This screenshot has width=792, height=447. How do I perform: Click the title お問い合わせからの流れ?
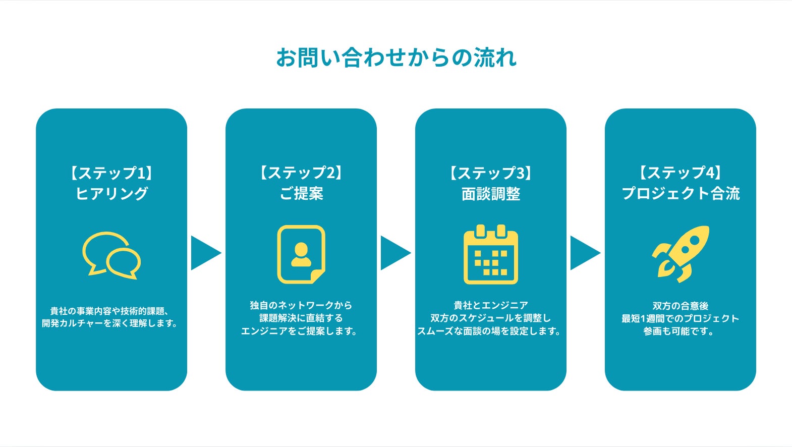tap(396, 58)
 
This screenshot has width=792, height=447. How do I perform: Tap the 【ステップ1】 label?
tap(111, 173)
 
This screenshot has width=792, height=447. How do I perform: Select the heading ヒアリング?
tap(111, 194)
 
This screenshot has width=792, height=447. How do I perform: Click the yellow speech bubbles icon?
tap(111, 255)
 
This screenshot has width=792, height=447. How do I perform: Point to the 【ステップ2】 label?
tap(301, 173)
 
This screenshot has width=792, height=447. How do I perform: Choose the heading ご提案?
tap(301, 194)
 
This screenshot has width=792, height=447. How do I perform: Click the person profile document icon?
tap(301, 254)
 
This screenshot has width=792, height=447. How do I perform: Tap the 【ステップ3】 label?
tap(491, 173)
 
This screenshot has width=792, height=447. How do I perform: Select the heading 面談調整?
tap(491, 194)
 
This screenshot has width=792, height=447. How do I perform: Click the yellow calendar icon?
tap(491, 255)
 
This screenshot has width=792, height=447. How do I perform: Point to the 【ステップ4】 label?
tap(681, 173)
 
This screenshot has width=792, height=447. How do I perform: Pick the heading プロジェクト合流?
tap(681, 194)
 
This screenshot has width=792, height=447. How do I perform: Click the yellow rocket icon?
tap(681, 253)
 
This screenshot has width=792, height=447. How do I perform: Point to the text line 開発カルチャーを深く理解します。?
tap(110, 323)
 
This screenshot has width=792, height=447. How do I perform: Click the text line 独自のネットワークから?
tap(301, 305)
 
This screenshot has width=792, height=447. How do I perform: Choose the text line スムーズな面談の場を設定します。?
tap(489, 331)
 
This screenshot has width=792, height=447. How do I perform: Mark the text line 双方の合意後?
tap(681, 306)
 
